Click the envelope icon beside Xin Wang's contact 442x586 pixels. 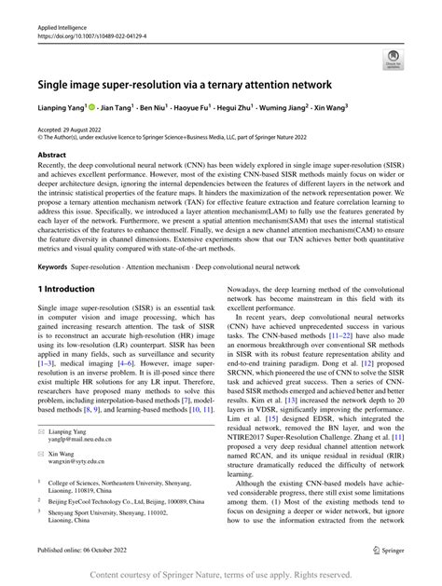(x=42, y=462)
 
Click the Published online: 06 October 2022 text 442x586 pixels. (x=90, y=552)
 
